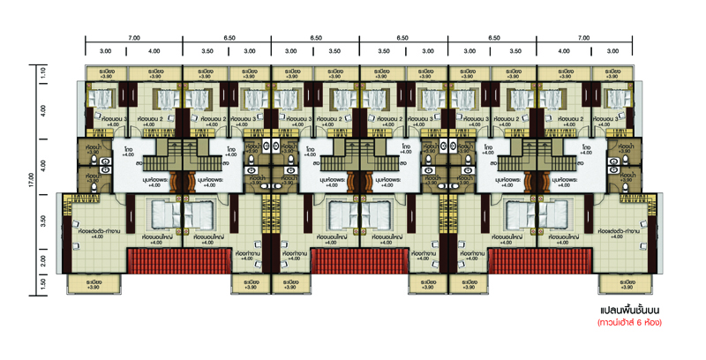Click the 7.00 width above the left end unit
[134, 39]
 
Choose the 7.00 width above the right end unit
[583, 39]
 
